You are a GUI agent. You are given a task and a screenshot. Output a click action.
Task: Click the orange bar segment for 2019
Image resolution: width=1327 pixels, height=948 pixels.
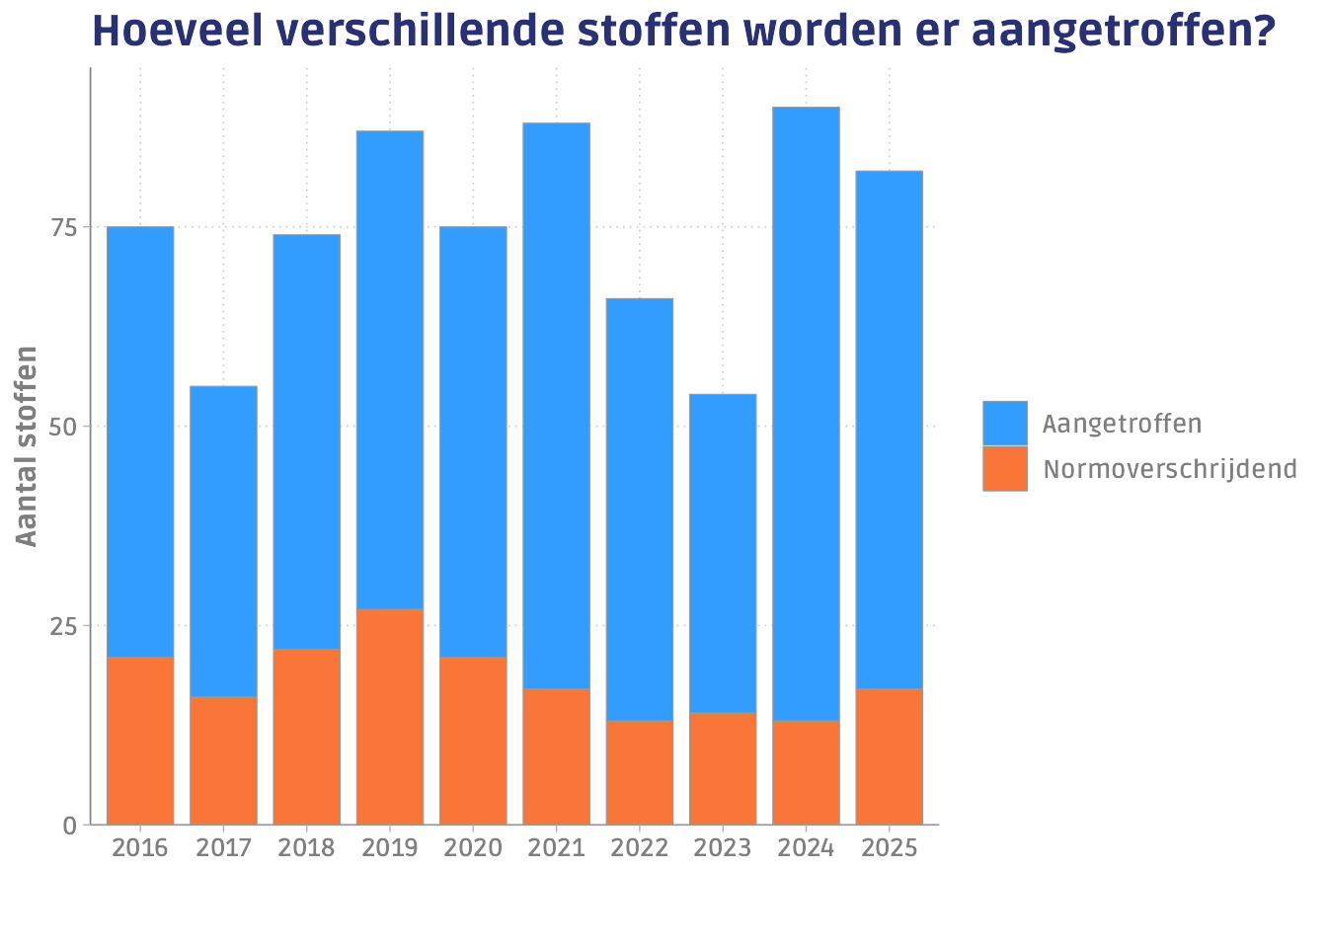[x=390, y=716]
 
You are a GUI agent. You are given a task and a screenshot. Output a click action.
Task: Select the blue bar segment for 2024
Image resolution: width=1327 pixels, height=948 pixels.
[x=806, y=414]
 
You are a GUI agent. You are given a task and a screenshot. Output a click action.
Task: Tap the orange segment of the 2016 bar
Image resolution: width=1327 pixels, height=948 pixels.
[x=140, y=740]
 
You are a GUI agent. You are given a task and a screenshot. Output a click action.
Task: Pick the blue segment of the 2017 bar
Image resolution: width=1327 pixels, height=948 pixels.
[x=223, y=541]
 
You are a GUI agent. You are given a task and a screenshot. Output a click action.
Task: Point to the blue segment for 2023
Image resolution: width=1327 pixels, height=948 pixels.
[x=723, y=553]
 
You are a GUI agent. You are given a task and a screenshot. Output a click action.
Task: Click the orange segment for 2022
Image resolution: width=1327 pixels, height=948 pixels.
[x=640, y=772]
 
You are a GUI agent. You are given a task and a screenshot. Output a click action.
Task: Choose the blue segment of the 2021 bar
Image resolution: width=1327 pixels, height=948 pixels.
[x=556, y=406]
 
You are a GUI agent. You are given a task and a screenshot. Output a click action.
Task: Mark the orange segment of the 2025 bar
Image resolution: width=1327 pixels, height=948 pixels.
[x=889, y=755]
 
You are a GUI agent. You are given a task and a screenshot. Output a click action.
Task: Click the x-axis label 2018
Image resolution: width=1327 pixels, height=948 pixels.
[x=306, y=848]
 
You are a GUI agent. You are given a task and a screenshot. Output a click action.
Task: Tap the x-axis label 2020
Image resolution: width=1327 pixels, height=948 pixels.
[x=473, y=848]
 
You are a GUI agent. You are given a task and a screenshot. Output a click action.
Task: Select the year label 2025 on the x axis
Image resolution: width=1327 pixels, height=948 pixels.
[x=889, y=848]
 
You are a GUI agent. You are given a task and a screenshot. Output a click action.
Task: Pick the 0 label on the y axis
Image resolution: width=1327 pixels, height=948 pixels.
[x=70, y=826]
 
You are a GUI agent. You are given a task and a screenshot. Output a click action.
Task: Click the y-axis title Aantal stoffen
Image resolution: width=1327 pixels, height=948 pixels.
[x=27, y=445]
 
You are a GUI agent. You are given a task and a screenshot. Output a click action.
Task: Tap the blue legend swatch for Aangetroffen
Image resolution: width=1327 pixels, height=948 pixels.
[x=1004, y=424]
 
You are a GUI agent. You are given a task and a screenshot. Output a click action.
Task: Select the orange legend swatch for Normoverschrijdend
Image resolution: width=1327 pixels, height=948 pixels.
[x=1004, y=468]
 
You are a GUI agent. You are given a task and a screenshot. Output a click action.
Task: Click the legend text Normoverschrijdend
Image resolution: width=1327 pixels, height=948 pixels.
[x=1170, y=469]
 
